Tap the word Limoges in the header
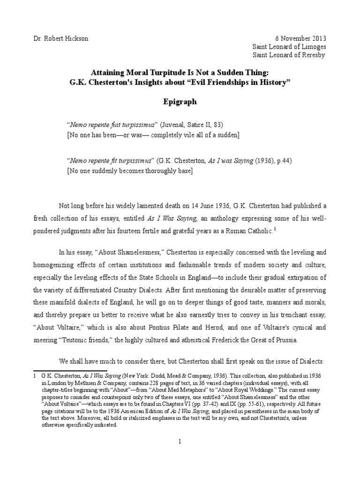[313, 47]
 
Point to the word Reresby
[311, 55]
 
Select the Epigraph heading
[180, 101]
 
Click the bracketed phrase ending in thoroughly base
[130, 170]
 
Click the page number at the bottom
[180, 441]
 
